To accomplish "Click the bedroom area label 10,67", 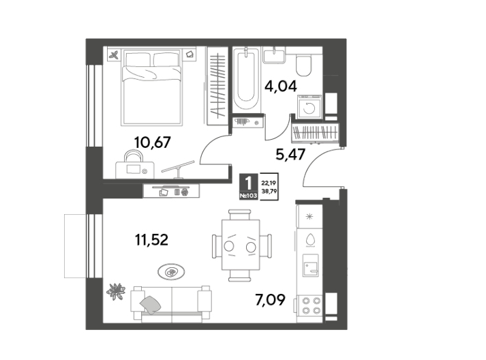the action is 152,142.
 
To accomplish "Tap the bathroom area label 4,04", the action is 281,86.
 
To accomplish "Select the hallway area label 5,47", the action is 290,154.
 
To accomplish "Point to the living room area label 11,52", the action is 151,240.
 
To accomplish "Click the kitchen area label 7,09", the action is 270,300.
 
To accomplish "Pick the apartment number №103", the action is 248,196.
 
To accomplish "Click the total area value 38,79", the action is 269,192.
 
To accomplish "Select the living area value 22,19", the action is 269,183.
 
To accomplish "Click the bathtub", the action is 247,79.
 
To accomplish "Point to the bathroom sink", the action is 274,55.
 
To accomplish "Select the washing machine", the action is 309,107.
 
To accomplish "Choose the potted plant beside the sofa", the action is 116,292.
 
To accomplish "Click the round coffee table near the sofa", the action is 171,272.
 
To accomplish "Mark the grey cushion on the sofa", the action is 151,305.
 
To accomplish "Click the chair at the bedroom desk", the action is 134,155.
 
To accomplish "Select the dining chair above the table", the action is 239,215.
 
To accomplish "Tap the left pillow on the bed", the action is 138,59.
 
